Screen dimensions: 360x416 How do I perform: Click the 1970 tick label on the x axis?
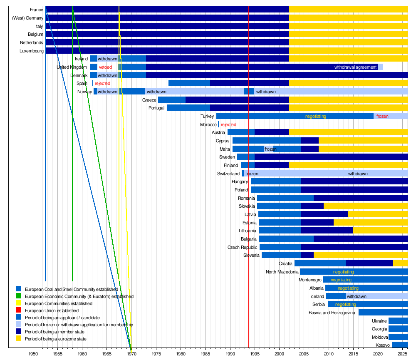[x=131, y=354]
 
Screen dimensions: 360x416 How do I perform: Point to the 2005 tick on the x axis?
[x=304, y=354]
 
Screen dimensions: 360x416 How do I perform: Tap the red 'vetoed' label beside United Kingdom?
[x=105, y=67]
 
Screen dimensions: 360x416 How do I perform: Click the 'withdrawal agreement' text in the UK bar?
[x=355, y=67]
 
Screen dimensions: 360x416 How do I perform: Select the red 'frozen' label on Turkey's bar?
[x=382, y=116]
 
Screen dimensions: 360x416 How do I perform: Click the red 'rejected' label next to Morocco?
[x=228, y=124]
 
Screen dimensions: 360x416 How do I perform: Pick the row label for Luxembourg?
[x=31, y=51]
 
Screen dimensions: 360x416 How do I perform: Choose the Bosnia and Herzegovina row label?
[x=332, y=313]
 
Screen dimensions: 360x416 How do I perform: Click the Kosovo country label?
[x=383, y=345]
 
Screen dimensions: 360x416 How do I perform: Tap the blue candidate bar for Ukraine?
[x=398, y=321]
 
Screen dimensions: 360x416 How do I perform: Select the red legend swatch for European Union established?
[x=18, y=310]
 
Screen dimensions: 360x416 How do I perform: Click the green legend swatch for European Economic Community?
[x=18, y=296]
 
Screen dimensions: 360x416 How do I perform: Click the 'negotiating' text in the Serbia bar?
[x=345, y=304]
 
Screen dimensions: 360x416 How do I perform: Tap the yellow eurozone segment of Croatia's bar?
[x=400, y=263]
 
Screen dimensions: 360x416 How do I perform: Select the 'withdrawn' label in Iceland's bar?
[x=357, y=296]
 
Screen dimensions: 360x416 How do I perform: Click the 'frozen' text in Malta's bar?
[x=270, y=149]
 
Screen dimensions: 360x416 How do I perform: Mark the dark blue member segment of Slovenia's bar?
[x=307, y=255]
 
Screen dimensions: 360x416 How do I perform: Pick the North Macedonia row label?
[x=282, y=272]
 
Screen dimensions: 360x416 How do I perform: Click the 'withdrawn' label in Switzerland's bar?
[x=358, y=174]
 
